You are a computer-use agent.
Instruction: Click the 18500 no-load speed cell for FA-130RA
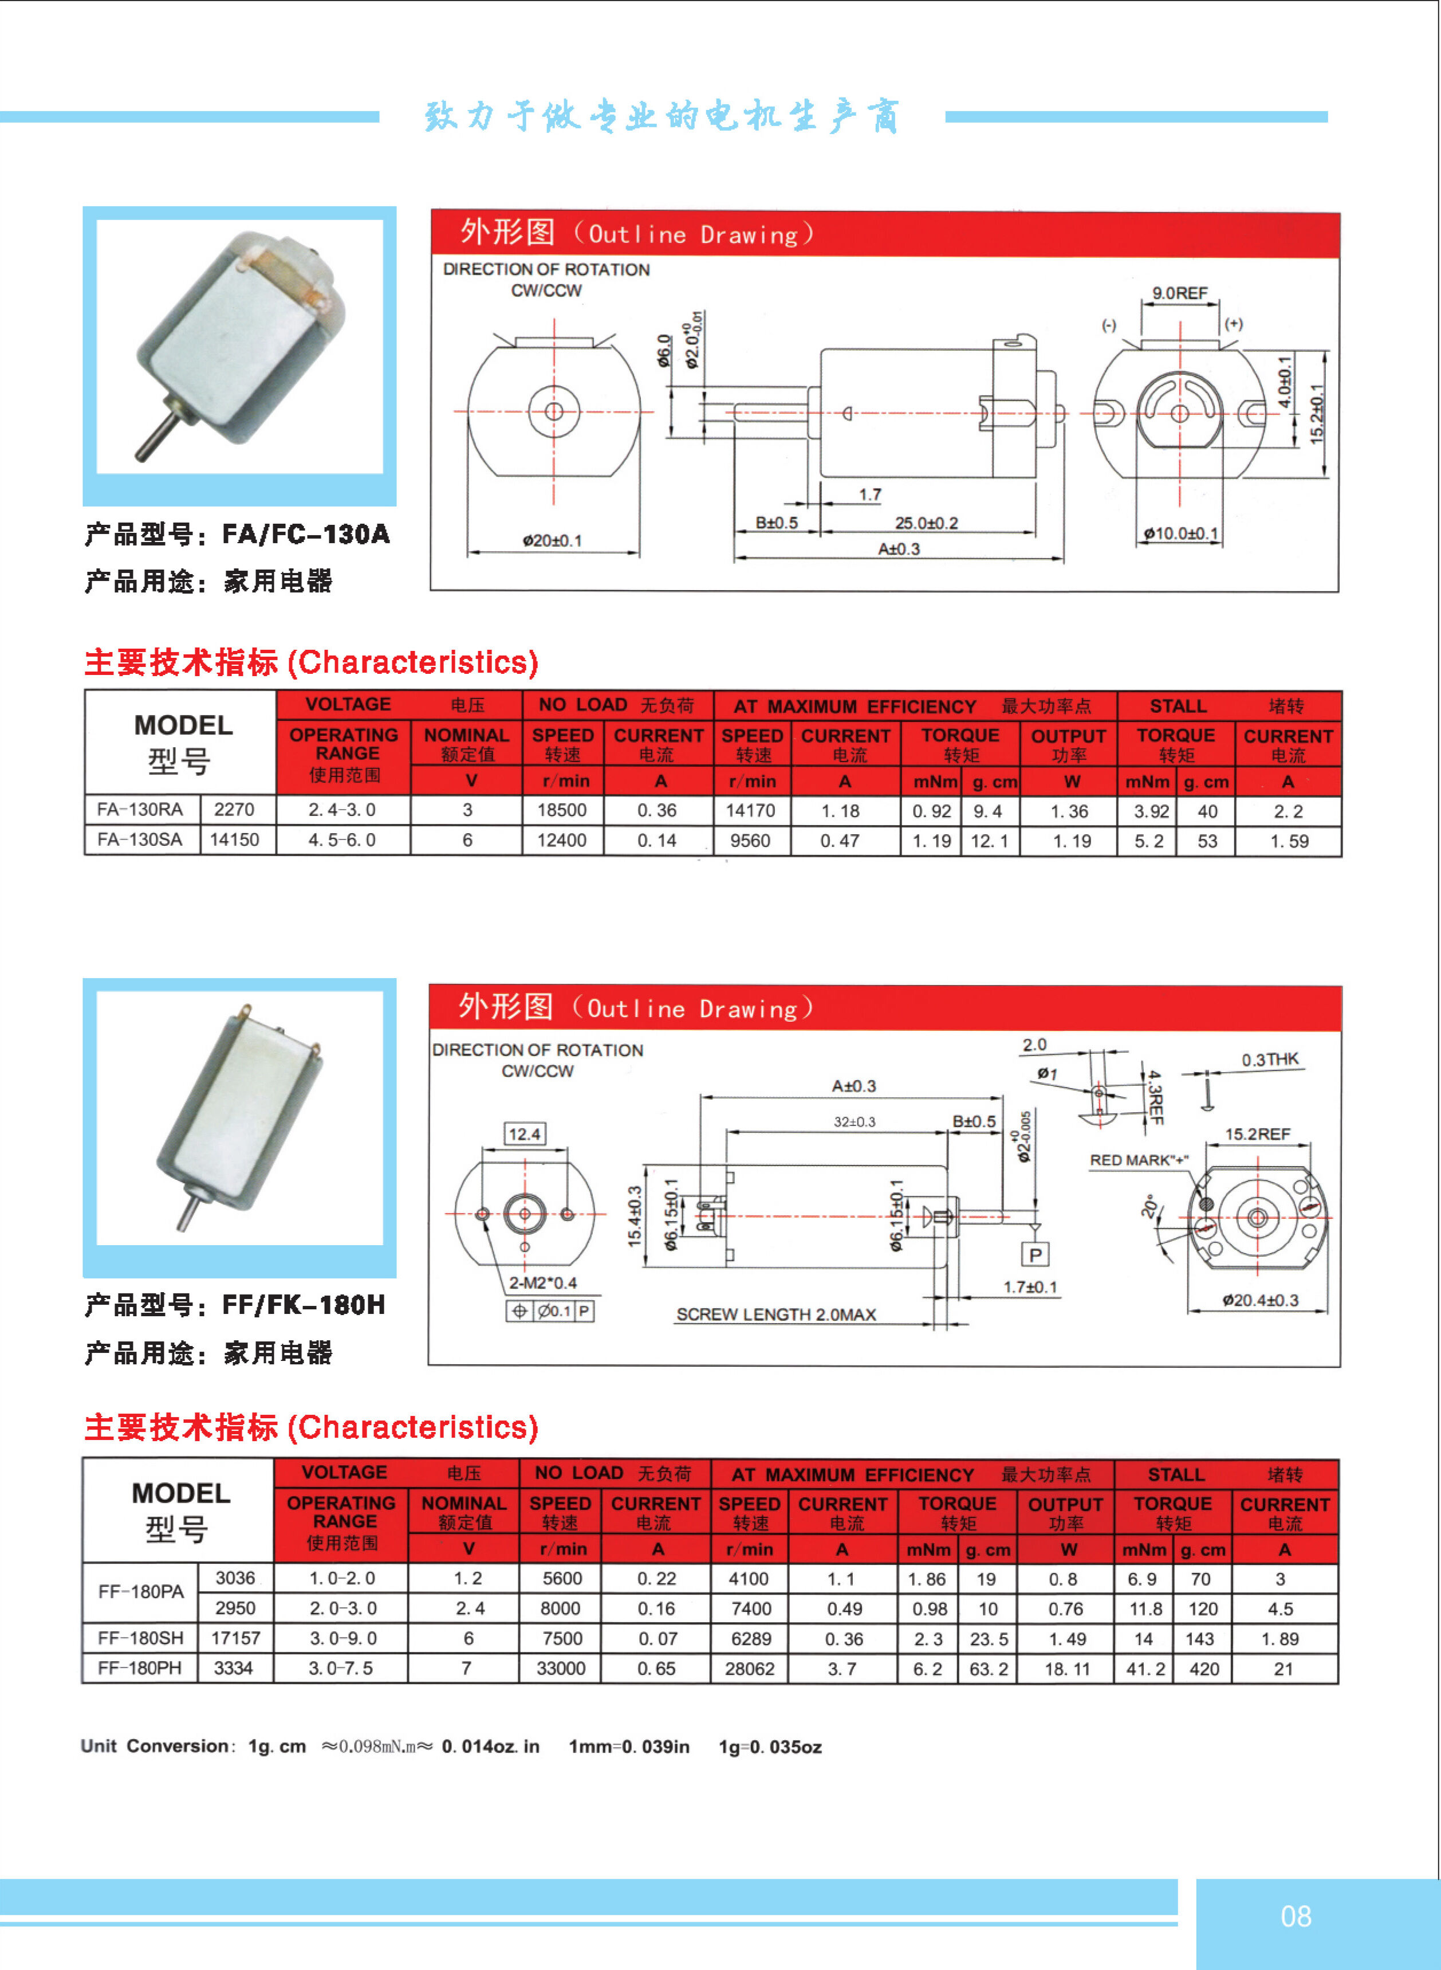coord(562,810)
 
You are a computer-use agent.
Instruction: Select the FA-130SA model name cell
coord(140,840)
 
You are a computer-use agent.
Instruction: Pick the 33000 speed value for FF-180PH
coord(561,1668)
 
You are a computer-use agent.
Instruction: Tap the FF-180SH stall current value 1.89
coord(1279,1638)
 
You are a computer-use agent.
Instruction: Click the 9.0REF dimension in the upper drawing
coord(1179,294)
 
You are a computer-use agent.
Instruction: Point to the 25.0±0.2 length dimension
coord(926,524)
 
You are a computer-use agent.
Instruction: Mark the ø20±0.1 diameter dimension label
coord(552,541)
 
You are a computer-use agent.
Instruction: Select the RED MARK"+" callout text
coord(1139,1160)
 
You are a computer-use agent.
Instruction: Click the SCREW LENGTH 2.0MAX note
coord(775,1315)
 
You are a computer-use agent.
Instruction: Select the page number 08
coord(1296,1916)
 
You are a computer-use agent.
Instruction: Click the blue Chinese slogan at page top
coord(661,116)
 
